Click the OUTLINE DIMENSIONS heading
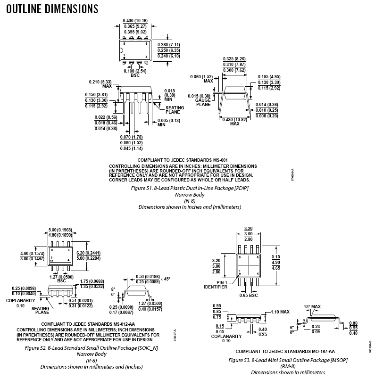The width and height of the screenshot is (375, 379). (x=52, y=8)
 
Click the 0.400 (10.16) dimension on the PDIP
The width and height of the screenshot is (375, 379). (x=135, y=21)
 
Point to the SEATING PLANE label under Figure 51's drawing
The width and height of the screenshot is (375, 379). (x=175, y=110)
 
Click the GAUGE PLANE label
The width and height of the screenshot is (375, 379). (x=203, y=102)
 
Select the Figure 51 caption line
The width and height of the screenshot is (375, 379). (x=190, y=188)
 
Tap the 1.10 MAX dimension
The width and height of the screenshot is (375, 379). (x=281, y=312)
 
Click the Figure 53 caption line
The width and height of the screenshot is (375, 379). (x=288, y=360)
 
